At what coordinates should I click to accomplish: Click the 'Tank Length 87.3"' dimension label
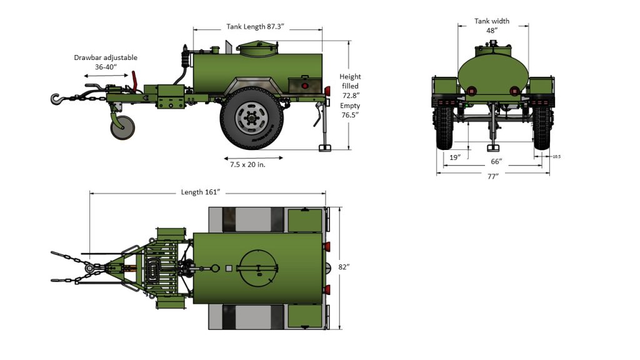point(256,27)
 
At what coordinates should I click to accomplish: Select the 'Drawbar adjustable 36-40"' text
point(106,62)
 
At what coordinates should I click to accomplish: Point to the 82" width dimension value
point(344,267)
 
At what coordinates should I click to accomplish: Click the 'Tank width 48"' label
point(492,26)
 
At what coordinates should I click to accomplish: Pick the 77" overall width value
point(492,177)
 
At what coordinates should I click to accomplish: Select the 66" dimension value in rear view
point(496,162)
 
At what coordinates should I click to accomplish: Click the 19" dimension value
point(455,157)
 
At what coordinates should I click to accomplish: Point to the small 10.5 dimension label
point(556,157)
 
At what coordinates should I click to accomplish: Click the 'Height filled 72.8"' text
point(351,86)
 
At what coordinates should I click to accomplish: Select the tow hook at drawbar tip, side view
point(56,98)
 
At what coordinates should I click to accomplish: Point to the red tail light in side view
point(305,85)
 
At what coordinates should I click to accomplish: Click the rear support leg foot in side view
point(325,147)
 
